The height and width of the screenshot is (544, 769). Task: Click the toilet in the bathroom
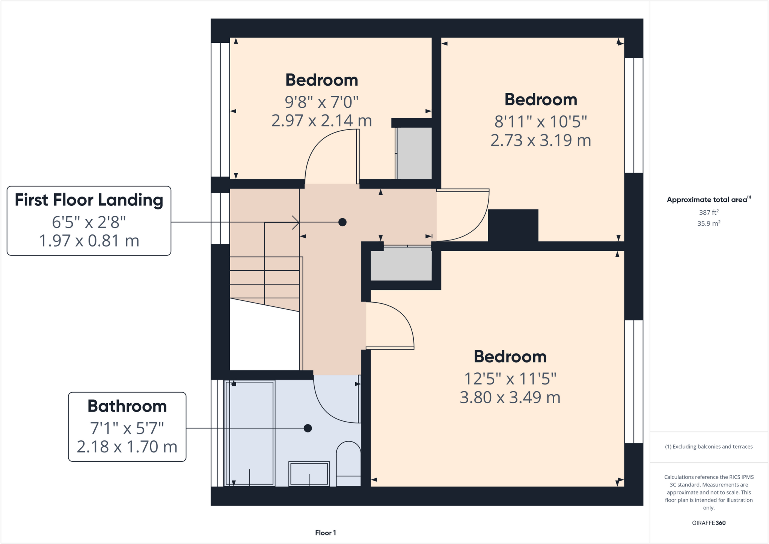348,464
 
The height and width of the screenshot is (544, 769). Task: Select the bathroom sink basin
309,474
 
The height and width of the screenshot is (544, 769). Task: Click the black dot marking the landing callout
342,222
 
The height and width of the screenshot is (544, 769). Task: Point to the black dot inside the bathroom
308,428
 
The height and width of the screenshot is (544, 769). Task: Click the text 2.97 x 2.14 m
321,121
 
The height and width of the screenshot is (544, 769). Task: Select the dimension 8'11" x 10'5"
540,122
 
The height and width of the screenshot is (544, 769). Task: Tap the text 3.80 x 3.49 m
510,397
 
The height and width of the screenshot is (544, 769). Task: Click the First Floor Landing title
89,200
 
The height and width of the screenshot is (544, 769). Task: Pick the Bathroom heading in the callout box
127,406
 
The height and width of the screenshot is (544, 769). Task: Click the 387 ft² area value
709,212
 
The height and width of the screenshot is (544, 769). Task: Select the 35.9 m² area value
709,223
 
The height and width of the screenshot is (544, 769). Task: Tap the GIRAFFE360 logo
709,523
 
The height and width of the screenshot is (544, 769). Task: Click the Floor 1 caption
325,533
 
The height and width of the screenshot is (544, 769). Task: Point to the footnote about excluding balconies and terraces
709,447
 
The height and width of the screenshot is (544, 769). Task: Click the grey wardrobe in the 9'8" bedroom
414,153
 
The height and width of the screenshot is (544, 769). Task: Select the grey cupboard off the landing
401,264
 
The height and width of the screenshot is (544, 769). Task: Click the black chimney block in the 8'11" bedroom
513,225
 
